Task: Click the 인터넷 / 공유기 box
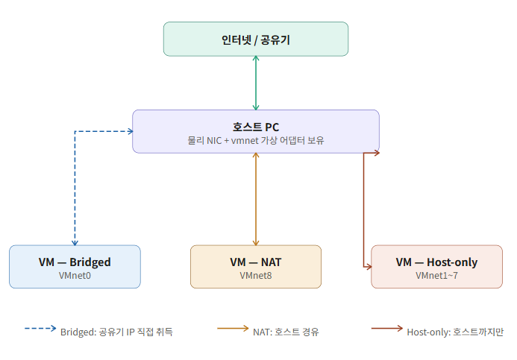coord(256,40)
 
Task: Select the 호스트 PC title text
coord(256,127)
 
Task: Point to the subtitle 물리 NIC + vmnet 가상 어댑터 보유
coord(256,141)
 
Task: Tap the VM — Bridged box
coord(75,267)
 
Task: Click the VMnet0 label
coord(75,276)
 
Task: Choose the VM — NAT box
coord(256,267)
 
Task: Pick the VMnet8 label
coord(256,276)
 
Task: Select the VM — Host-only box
coord(436,267)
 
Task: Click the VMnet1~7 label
coord(436,276)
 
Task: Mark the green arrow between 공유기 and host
coord(256,83)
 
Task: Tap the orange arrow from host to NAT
coord(256,199)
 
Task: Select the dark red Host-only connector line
coord(363,209)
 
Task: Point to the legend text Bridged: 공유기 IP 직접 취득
coord(116,332)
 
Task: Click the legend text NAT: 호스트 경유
coord(286,332)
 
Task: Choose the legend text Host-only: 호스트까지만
coord(455,332)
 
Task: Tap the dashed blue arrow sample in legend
coord(40,329)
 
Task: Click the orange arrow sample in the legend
coord(233,329)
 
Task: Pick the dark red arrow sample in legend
coord(386,329)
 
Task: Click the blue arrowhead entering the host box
coord(131,131)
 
